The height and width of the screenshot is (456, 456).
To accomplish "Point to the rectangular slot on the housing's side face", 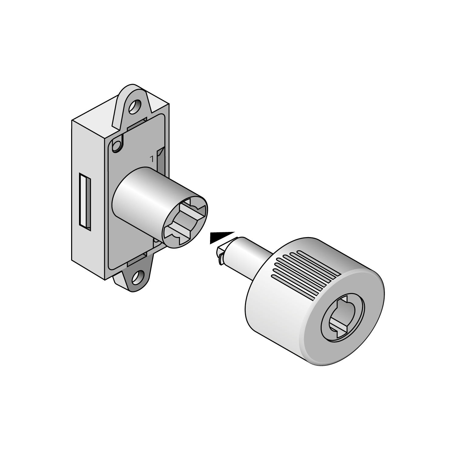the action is click(x=85, y=200).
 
